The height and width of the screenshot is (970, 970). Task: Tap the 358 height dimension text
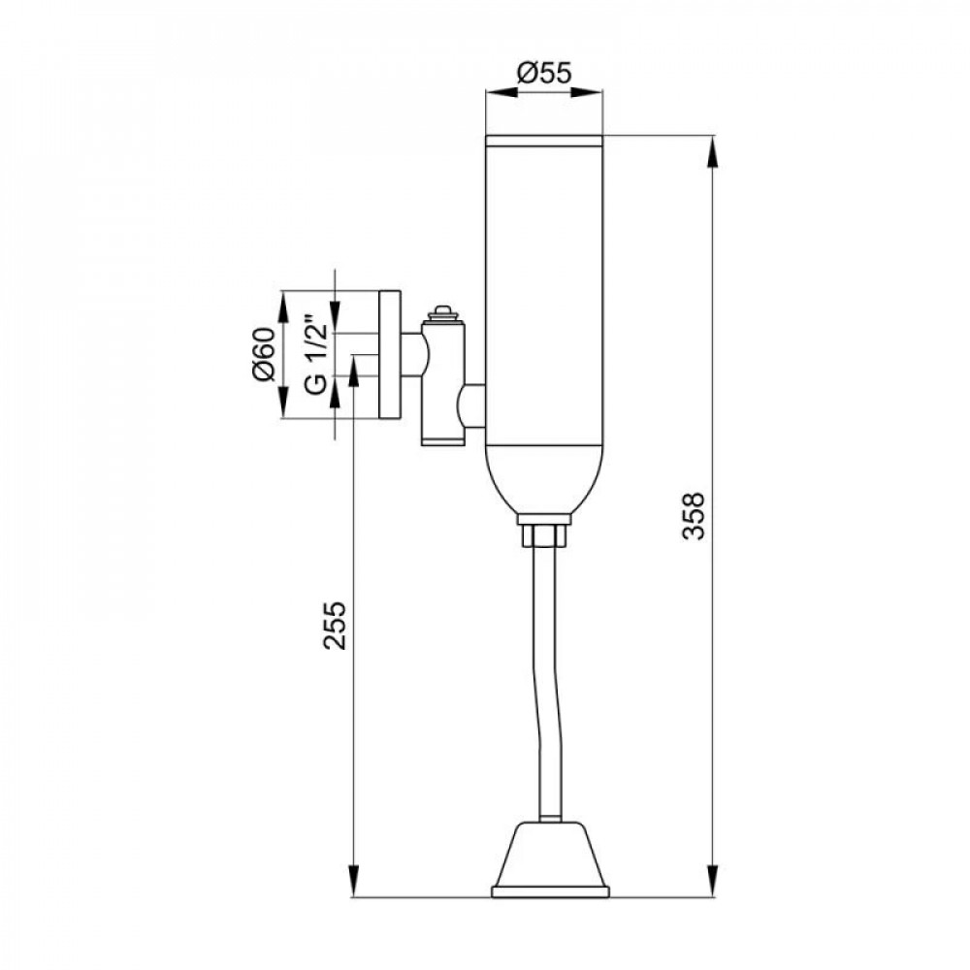(695, 517)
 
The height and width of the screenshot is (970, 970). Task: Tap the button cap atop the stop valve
(441, 312)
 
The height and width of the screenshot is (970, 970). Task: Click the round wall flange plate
(390, 355)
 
